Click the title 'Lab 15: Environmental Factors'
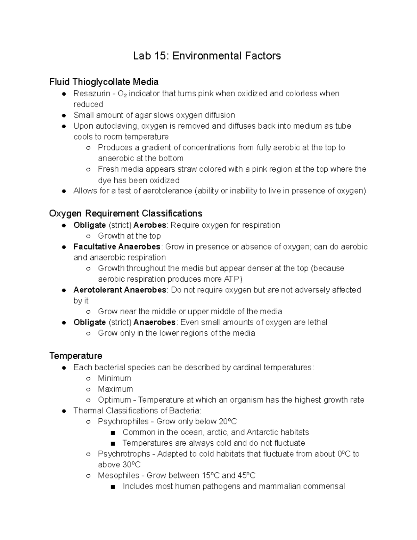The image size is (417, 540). pyautogui.click(x=207, y=56)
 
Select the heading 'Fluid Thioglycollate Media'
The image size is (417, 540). pyautogui.click(x=104, y=82)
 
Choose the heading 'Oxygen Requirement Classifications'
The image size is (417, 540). pyautogui.click(x=125, y=213)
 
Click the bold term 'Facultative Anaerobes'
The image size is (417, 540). pyautogui.click(x=117, y=247)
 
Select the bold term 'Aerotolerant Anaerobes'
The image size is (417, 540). pyautogui.click(x=120, y=290)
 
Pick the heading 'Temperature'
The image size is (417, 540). pyautogui.click(x=76, y=356)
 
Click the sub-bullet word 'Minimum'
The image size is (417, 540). pyautogui.click(x=114, y=378)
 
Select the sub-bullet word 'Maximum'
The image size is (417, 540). pyautogui.click(x=115, y=389)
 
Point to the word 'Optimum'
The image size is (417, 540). pyautogui.click(x=114, y=400)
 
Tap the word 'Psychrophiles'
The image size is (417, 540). pyautogui.click(x=123, y=421)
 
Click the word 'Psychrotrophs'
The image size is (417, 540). pyautogui.click(x=124, y=454)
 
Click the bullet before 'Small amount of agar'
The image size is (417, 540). pyautogui.click(x=64, y=115)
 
